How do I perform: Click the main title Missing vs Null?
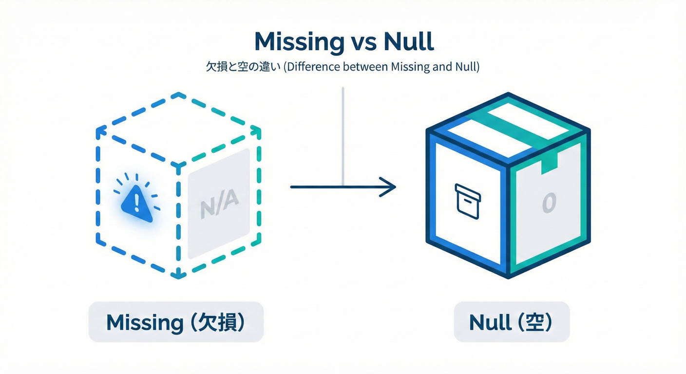pos(343,42)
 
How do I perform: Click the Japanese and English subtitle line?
pos(343,68)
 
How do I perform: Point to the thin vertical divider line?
pos(343,136)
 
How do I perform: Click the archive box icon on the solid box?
pos(467,201)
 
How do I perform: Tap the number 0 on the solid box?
pos(548,203)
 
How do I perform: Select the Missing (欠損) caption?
pos(176,322)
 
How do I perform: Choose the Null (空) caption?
pos(512,322)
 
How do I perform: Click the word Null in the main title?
pos(408,42)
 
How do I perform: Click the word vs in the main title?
pos(362,43)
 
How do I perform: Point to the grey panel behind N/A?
pos(219,229)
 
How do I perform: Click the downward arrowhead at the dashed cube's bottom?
pos(178,276)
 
